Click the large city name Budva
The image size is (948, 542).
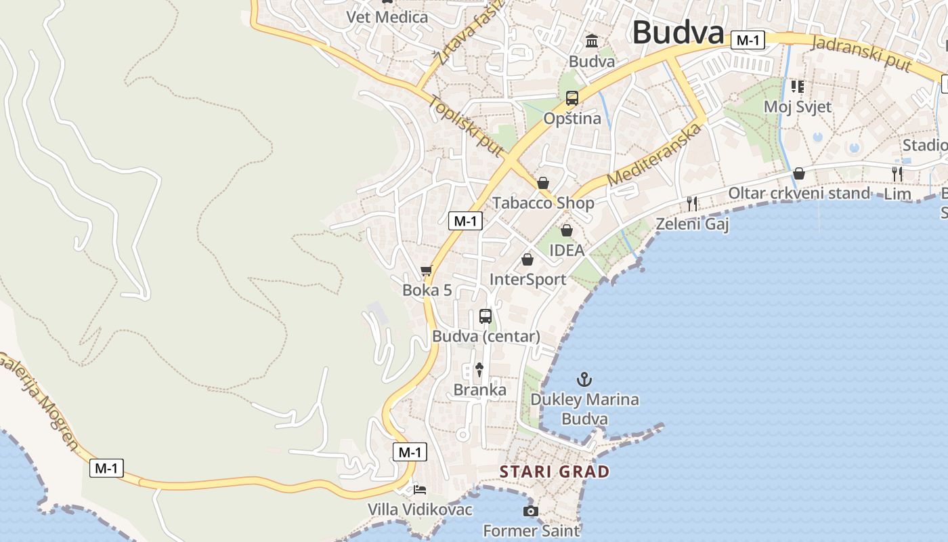click(x=678, y=33)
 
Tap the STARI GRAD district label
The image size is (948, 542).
click(x=555, y=472)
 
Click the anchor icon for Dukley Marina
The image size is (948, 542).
click(x=584, y=379)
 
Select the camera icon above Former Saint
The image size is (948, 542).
click(x=531, y=511)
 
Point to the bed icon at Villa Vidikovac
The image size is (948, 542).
click(x=420, y=489)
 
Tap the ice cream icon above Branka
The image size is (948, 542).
click(x=479, y=370)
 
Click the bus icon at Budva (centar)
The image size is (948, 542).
click(x=486, y=316)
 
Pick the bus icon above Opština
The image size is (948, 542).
click(x=572, y=98)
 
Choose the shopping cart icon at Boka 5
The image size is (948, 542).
click(x=427, y=272)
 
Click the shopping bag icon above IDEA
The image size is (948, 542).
click(x=567, y=230)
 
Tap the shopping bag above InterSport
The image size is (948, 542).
click(x=527, y=259)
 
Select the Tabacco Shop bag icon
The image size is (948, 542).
click(x=543, y=183)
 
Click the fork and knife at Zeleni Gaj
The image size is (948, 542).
click(x=692, y=203)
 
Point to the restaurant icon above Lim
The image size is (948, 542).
click(x=897, y=174)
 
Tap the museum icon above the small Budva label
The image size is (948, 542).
click(x=592, y=41)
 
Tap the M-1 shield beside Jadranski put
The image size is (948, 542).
click(x=748, y=41)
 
